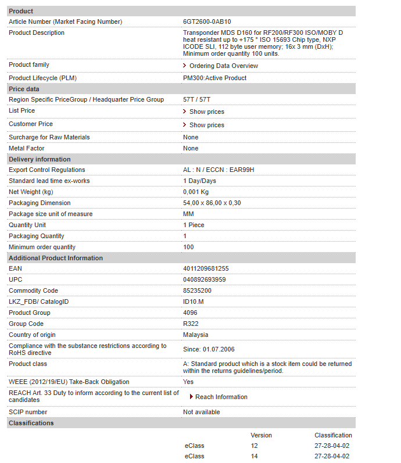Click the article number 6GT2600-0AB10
tap(207, 22)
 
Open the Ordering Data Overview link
tap(223, 66)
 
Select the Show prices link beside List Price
tap(206, 112)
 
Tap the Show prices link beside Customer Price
tap(206, 125)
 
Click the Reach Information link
tap(221, 397)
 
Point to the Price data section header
tap(24, 89)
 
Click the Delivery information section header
tap(40, 159)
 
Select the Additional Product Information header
tap(56, 258)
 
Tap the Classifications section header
tap(31, 423)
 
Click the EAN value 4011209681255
tap(206, 269)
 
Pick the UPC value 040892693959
tap(205, 280)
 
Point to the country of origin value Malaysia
tap(196, 335)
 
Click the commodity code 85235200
tap(198, 291)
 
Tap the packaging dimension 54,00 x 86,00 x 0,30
tap(212, 203)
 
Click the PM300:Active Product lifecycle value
tap(215, 78)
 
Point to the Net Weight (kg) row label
tap(31, 192)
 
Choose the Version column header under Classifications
tap(261, 436)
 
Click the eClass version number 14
tap(254, 457)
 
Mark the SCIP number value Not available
tap(202, 412)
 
